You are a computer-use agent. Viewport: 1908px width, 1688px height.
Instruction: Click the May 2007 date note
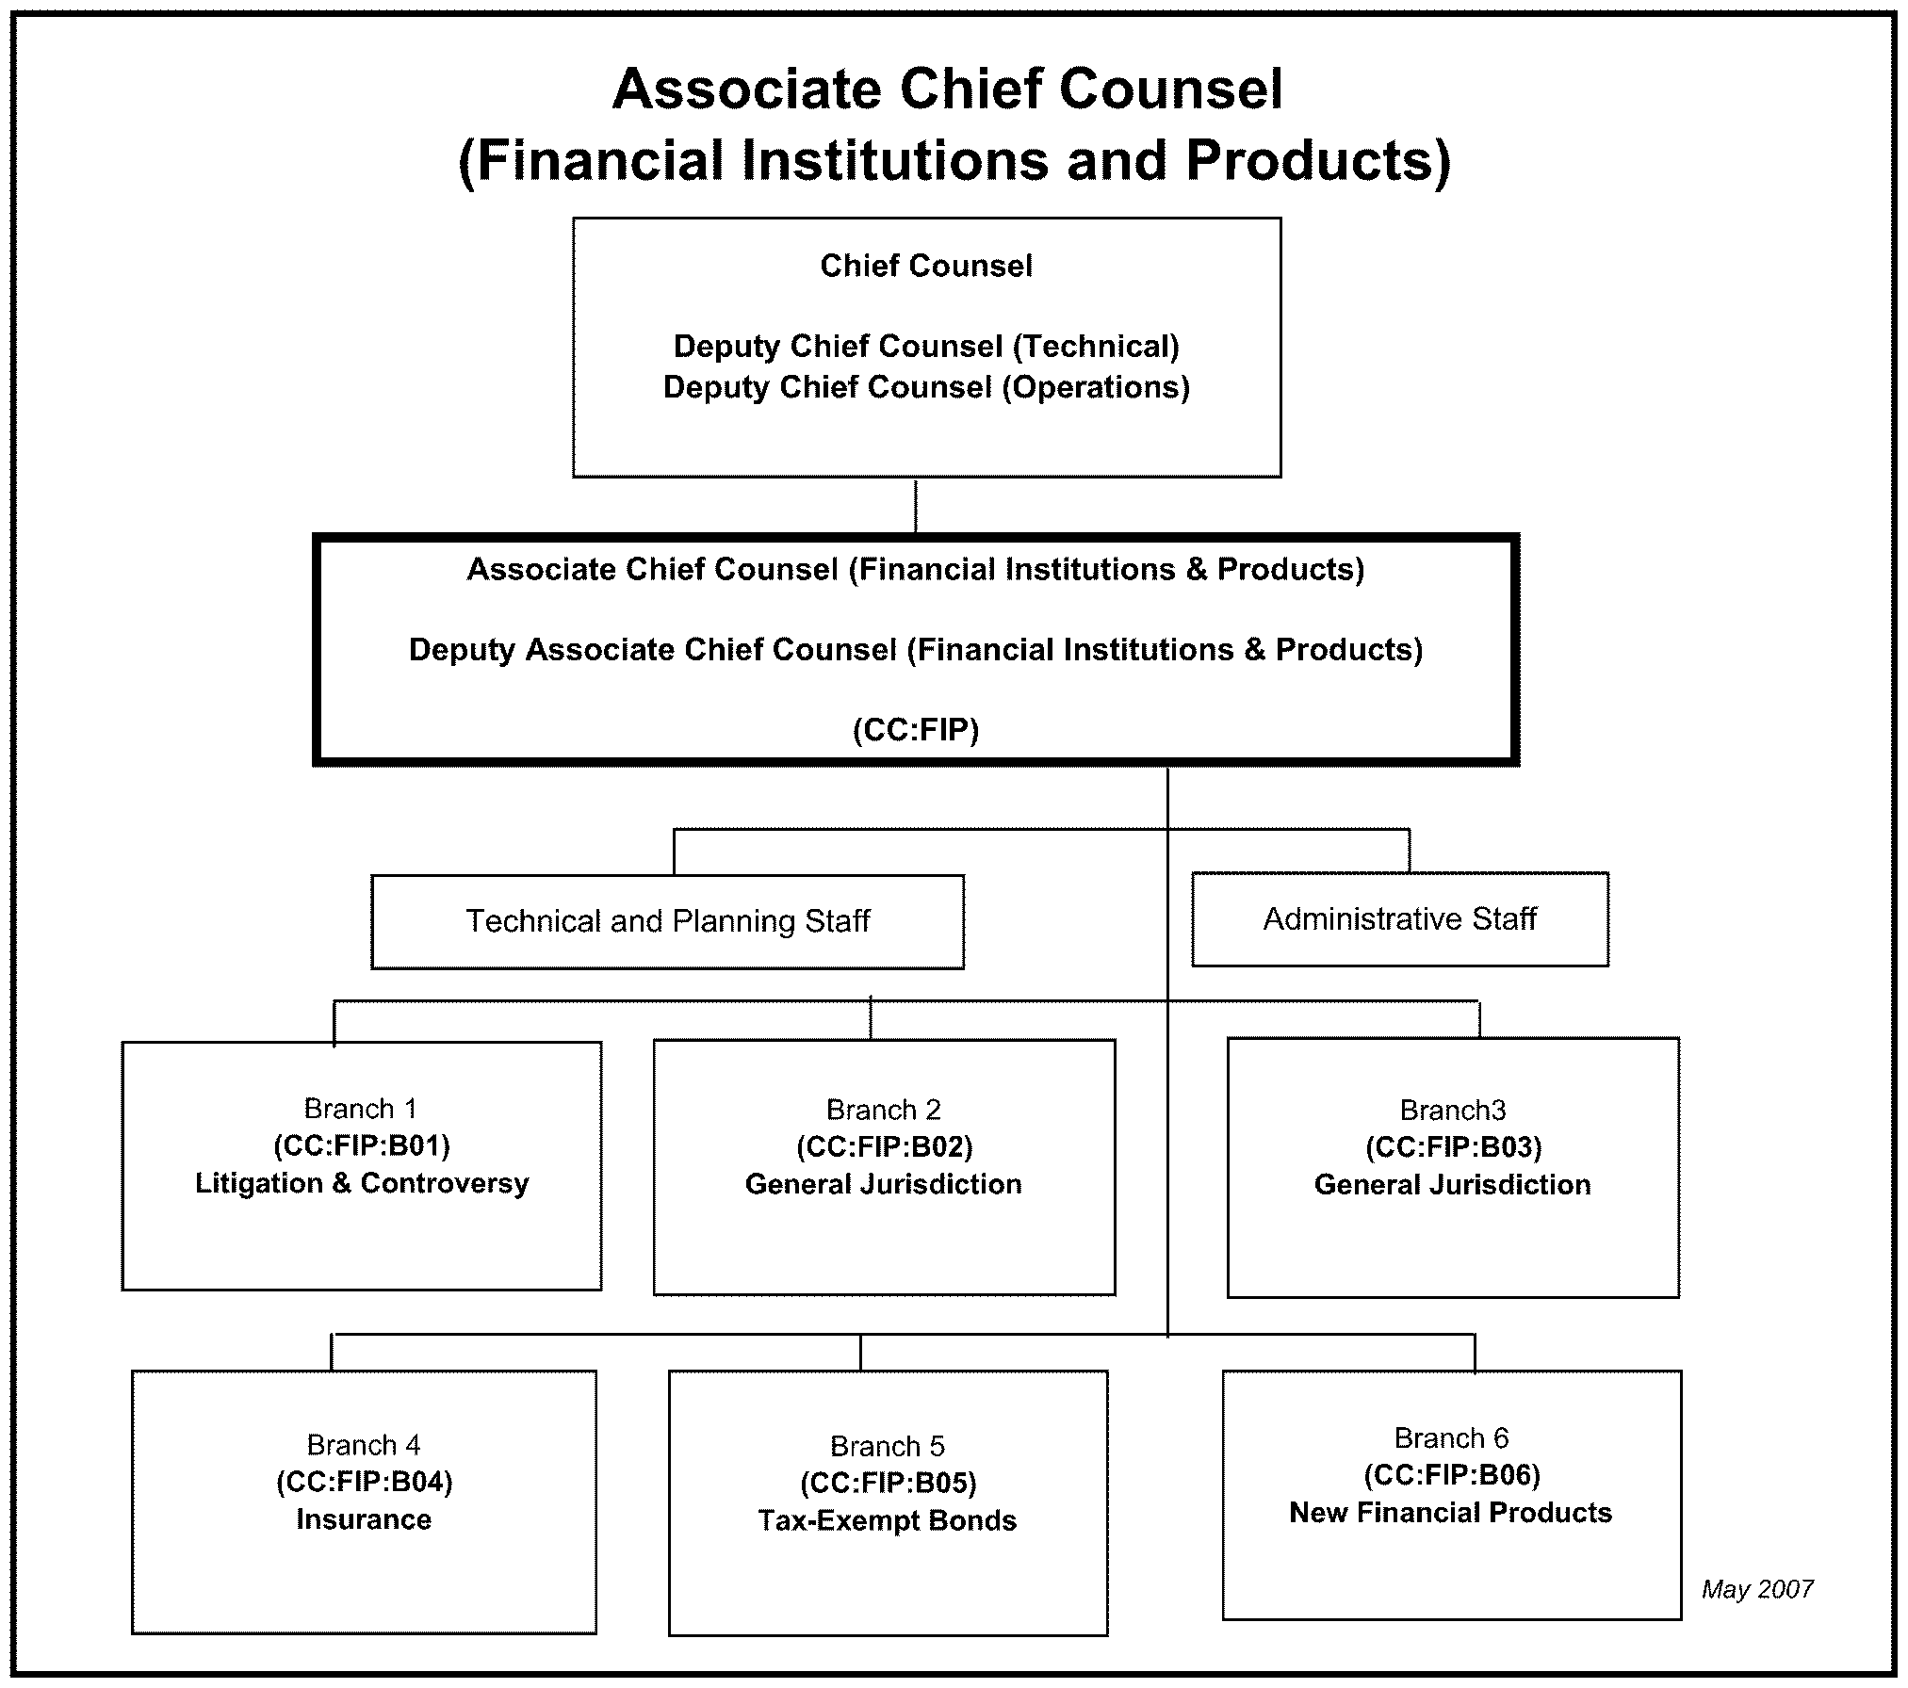coord(1756,1590)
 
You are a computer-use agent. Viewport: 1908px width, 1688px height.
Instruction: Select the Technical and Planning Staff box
coord(667,921)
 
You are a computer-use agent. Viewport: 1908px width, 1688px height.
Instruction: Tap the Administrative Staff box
coord(1399,918)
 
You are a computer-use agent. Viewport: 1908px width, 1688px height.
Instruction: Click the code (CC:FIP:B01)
coord(362,1145)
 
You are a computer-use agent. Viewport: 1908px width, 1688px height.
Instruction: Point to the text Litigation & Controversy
coord(362,1183)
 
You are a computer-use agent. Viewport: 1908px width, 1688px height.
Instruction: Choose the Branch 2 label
coord(883,1110)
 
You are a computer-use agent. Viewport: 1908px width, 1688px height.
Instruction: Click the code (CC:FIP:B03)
coord(1453,1147)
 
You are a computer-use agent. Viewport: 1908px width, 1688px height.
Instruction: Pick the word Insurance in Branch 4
coord(364,1519)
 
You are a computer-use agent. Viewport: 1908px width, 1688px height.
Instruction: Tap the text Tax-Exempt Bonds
coord(888,1520)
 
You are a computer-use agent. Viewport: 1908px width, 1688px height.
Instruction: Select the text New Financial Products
coord(1450,1513)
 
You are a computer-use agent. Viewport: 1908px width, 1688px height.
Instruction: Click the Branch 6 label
coord(1451,1438)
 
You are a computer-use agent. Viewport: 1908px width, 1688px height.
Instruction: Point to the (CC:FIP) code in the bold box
coord(916,730)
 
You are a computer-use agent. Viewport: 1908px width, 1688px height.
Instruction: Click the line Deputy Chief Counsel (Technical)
coord(926,347)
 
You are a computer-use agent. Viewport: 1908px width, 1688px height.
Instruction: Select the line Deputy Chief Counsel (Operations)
coord(926,387)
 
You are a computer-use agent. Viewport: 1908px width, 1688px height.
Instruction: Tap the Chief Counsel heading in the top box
coord(926,266)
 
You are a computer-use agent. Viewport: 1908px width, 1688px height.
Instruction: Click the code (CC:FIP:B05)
coord(888,1484)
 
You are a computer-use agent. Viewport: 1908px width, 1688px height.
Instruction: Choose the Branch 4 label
coord(364,1445)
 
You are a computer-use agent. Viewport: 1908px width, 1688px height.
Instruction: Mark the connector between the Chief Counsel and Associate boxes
coord(916,506)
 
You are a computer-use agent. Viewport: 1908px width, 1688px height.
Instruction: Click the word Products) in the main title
coord(1318,160)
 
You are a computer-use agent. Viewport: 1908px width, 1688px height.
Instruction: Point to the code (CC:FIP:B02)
coord(884,1147)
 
